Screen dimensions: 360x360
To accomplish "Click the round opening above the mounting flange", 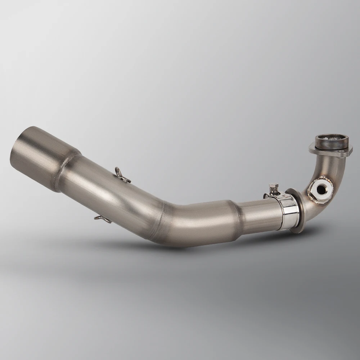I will [x=332, y=139].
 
